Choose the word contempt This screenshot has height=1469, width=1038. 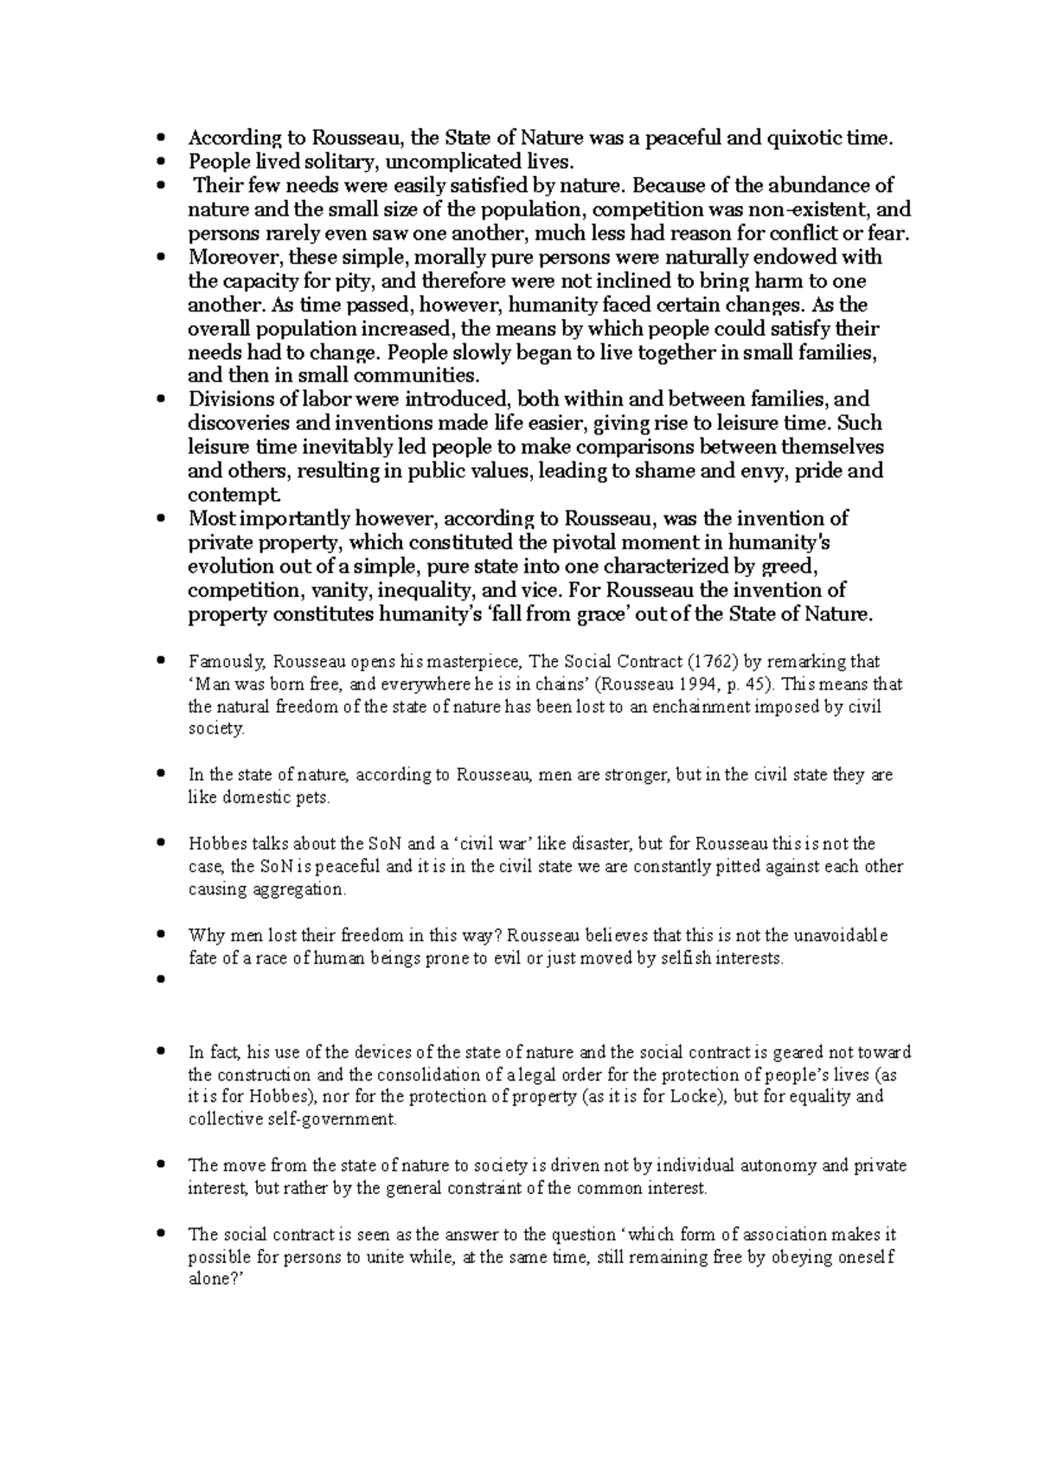point(234,495)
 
